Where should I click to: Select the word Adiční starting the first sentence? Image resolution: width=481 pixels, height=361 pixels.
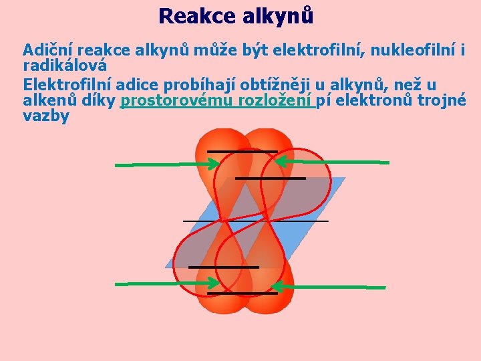click(47, 50)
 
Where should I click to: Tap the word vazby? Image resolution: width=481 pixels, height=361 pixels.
click(46, 116)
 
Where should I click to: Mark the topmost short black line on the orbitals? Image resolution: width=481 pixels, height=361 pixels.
click(242, 150)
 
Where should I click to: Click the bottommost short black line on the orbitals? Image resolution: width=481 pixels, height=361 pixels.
click(242, 293)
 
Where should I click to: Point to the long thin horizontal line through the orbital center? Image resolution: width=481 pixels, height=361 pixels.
click(255, 220)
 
